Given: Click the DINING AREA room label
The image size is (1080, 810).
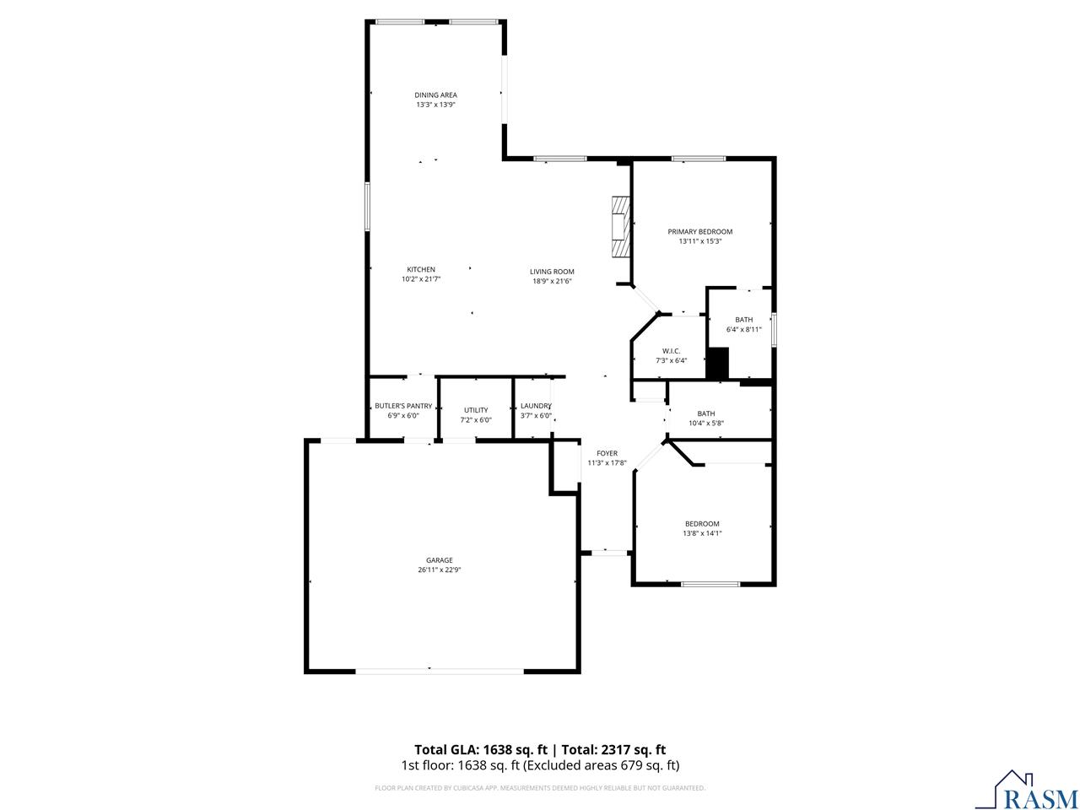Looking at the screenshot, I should coord(435,95).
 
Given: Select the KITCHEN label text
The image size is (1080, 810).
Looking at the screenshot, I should coord(421,270).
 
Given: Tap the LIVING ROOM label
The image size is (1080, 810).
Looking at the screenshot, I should coord(552,272).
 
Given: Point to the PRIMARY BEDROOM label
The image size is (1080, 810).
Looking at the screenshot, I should coord(699,232).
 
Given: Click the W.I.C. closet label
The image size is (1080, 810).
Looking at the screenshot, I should coord(671,351).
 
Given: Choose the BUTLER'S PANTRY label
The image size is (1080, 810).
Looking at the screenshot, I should coord(403,406).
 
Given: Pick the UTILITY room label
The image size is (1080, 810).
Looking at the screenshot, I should coord(476,410).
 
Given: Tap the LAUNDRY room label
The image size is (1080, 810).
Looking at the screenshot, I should coord(536,406).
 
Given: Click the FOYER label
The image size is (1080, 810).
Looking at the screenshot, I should coord(607,453).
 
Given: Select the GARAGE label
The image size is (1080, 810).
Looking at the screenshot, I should coord(439,560).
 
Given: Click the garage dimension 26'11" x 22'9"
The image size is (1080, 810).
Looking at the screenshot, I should coord(439,570).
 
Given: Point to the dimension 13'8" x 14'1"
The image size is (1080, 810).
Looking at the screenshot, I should coord(702,533).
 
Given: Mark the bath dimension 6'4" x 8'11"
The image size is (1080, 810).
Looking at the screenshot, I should coord(743,329).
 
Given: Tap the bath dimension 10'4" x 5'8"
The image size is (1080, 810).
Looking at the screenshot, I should coord(705,423).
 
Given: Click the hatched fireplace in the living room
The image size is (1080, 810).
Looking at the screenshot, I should coord(621,226).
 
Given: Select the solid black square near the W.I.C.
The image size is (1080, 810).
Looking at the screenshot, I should coord(717,364).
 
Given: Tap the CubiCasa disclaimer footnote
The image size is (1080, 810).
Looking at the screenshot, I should coord(540,788).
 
